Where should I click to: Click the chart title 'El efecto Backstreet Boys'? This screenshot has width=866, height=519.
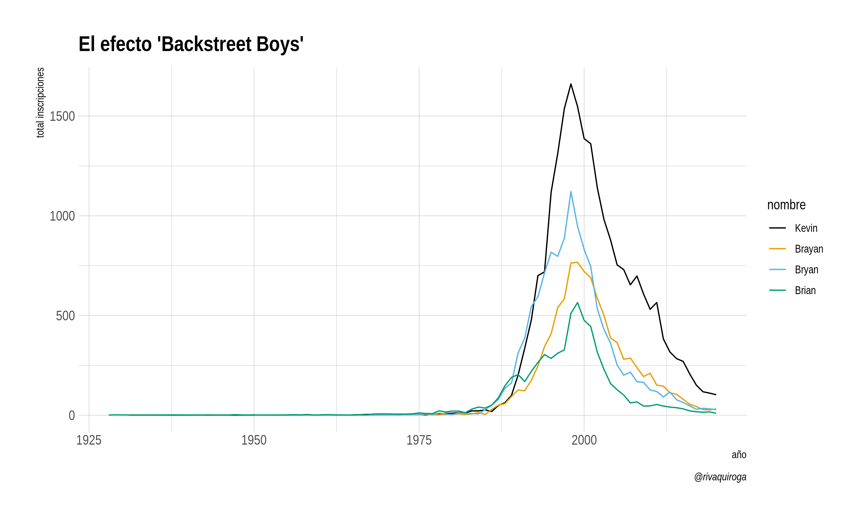point(191,44)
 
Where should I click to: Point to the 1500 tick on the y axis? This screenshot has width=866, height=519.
point(62,116)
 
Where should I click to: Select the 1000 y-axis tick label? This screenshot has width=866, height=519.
point(62,216)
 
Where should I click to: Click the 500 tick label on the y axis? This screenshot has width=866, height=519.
point(66,316)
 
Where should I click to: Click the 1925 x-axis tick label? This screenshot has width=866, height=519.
point(89,440)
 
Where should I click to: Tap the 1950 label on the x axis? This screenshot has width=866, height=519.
point(254,440)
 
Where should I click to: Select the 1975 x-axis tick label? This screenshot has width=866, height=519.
point(419,440)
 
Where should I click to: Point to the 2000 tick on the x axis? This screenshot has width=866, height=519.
point(584,440)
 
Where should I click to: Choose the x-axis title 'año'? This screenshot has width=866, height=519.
point(739,455)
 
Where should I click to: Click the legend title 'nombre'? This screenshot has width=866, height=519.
point(786,205)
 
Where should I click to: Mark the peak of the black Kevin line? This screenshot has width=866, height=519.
point(571,84)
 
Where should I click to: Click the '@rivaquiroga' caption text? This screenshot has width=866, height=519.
point(720,477)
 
